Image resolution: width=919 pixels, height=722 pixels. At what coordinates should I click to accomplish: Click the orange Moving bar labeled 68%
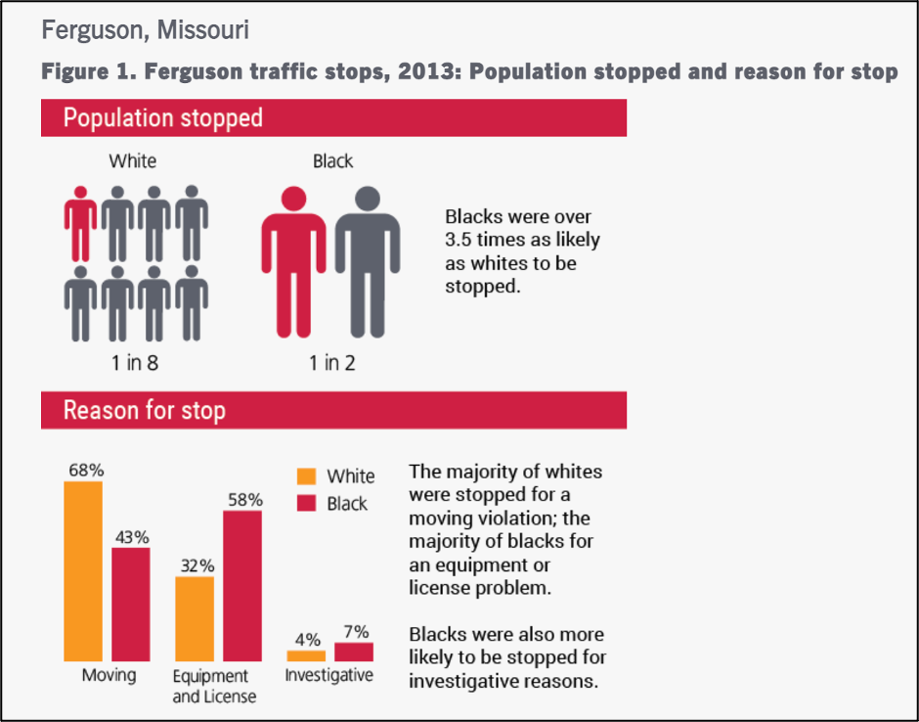click(83, 571)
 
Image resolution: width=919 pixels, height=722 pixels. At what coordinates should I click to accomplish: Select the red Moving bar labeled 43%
click(131, 605)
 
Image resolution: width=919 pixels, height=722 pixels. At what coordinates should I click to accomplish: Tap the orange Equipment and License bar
click(195, 618)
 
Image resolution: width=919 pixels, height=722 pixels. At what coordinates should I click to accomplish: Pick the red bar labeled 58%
click(242, 586)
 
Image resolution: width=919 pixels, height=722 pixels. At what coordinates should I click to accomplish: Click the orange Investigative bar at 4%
click(306, 655)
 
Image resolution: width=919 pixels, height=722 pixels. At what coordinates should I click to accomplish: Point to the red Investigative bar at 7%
click(354, 653)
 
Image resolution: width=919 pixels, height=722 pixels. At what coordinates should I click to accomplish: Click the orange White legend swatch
click(307, 476)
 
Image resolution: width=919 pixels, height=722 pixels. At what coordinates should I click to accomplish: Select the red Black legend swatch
click(307, 503)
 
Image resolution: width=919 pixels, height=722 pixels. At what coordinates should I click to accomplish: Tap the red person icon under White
click(81, 223)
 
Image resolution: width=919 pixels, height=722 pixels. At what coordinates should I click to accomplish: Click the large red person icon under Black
click(293, 262)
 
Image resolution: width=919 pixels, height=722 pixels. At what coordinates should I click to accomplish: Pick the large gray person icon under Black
click(368, 262)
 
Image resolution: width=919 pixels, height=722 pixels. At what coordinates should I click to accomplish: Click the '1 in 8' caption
click(135, 363)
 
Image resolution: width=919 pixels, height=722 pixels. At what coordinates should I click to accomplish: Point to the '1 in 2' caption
click(332, 363)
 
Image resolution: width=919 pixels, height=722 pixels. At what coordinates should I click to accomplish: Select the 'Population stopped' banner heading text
click(163, 118)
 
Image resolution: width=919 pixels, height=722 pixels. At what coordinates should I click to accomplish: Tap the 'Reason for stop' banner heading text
click(144, 410)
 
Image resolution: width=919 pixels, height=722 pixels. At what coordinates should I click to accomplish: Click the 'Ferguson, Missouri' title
click(146, 30)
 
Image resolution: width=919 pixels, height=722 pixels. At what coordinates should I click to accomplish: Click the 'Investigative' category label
click(328, 675)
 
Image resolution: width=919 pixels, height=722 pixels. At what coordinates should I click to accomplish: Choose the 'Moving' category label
click(109, 675)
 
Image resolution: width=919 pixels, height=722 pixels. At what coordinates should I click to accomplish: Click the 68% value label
click(86, 471)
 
